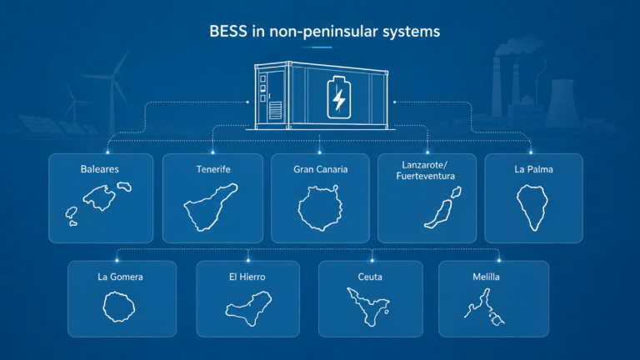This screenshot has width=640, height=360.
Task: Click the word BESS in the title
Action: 228,32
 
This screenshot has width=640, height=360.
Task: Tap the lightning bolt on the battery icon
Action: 339,99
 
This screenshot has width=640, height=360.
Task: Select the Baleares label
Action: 100,169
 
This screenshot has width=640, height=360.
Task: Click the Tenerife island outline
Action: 211,207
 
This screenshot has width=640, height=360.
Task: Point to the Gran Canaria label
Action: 320,169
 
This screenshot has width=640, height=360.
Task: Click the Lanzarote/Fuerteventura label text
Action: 425,171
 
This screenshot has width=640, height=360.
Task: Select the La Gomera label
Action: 120,277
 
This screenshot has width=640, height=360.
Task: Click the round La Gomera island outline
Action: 103,307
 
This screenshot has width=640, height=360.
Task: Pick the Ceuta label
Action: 370,277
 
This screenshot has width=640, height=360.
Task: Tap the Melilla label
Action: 486,277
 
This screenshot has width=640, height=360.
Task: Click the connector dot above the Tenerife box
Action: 212,152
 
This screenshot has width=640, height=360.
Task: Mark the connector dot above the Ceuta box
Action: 372,260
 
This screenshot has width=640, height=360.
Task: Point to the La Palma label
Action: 533,169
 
